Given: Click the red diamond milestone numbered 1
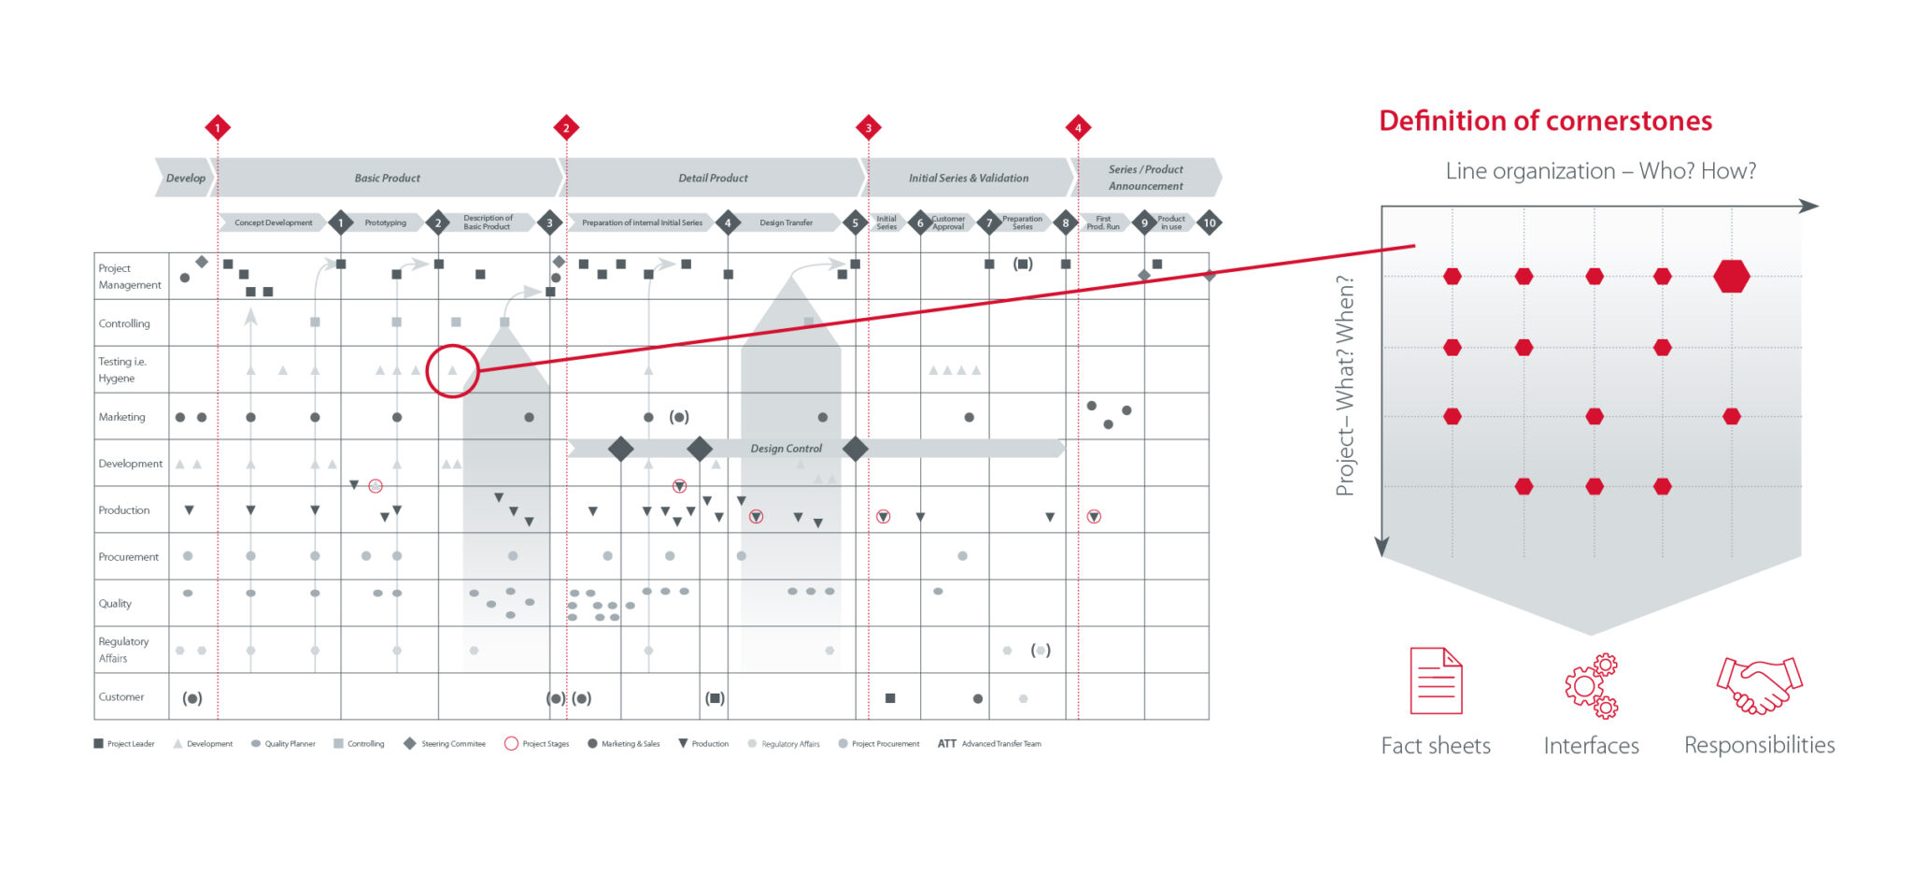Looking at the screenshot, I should click(x=218, y=128).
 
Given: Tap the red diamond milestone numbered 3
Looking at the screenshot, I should click(x=869, y=128).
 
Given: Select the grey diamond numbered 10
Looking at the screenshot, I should click(x=1210, y=222).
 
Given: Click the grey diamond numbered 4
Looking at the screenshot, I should click(x=728, y=222).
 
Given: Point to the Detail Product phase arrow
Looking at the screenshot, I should click(x=713, y=178).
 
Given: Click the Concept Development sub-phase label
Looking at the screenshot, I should click(x=273, y=222).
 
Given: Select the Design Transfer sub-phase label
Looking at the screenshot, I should click(x=786, y=222).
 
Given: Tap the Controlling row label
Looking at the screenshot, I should click(x=124, y=323).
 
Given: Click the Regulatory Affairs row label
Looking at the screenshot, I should click(x=123, y=650).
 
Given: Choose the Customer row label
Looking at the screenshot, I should click(x=121, y=696).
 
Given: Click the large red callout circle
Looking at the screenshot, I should click(x=452, y=370).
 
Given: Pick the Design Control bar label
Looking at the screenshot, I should click(x=786, y=449).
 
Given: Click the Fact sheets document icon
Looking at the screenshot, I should click(x=1436, y=680).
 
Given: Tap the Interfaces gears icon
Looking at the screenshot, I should click(x=1591, y=685).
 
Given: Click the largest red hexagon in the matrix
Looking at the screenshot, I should click(x=1732, y=277).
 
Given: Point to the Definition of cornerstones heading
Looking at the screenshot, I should click(x=1545, y=121).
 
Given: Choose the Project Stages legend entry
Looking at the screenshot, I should click(x=537, y=744).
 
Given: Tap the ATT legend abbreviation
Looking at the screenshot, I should click(x=947, y=744).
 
